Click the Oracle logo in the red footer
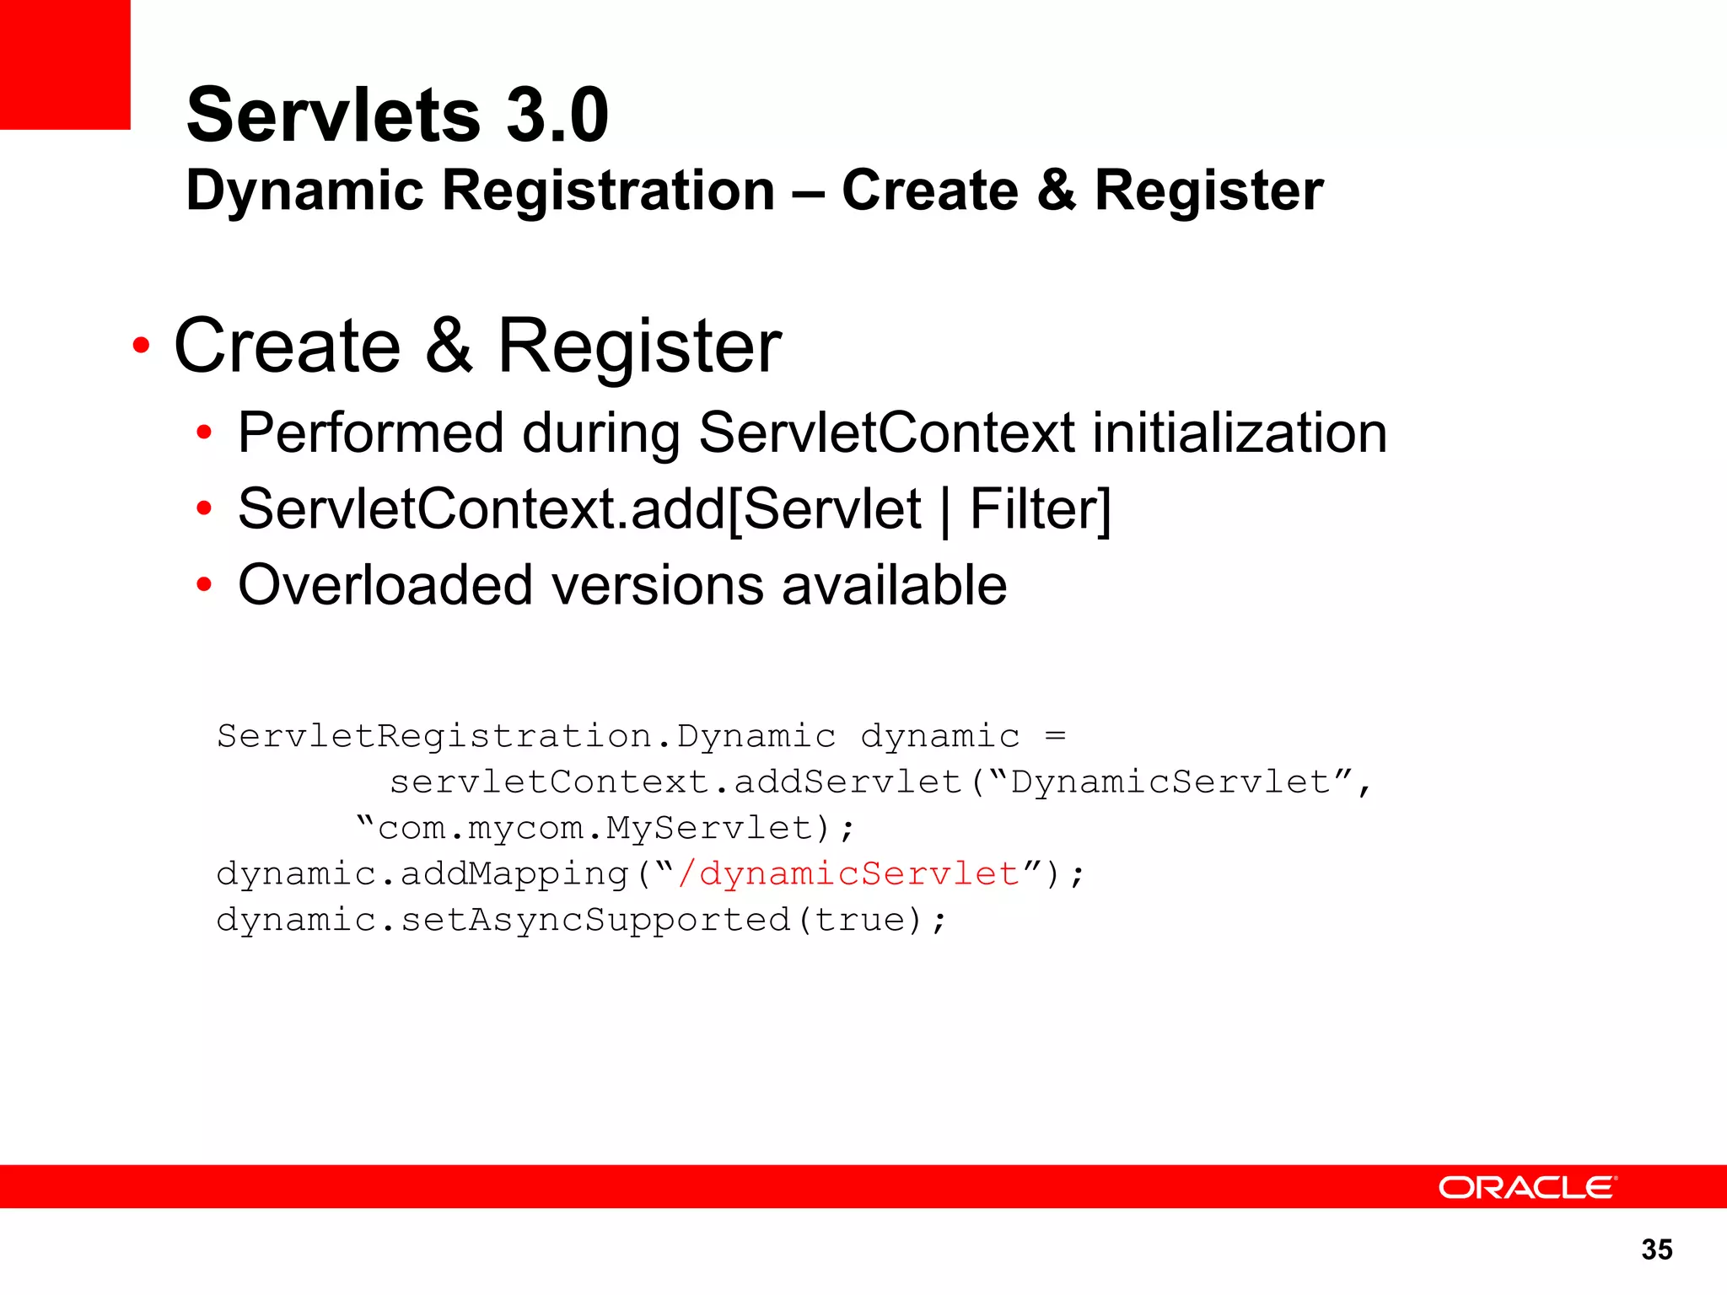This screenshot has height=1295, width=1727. tap(1526, 1187)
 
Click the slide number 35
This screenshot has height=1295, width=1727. tap(1657, 1249)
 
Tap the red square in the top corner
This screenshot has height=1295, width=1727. tap(65, 64)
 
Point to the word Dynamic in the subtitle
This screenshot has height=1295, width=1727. tap(304, 191)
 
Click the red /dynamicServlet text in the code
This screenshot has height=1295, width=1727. tap(847, 873)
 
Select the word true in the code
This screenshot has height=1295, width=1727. tap(859, 919)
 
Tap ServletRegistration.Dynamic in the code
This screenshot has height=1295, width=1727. tap(526, 736)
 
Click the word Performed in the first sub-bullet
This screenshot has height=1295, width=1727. tap(371, 433)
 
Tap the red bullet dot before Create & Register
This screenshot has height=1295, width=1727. tap(141, 346)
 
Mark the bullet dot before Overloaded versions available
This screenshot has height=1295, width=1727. tap(203, 584)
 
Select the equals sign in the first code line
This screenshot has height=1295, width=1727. tap(1055, 736)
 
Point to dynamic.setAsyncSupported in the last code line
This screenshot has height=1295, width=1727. tap(503, 920)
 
